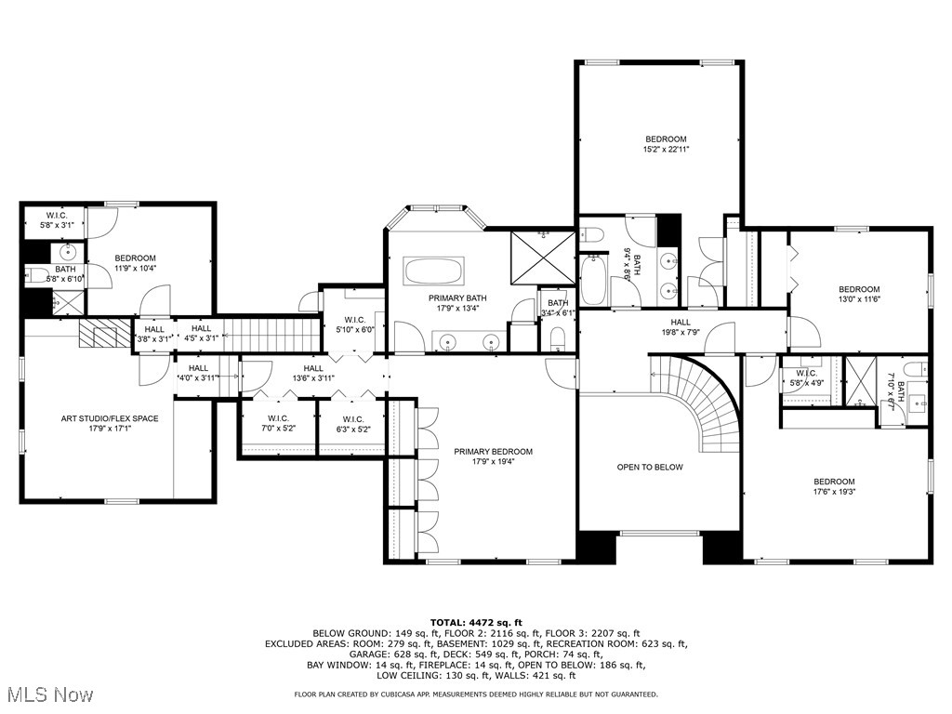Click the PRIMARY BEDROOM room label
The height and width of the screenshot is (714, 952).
coord(493,452)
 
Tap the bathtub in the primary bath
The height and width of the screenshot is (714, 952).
coord(432,271)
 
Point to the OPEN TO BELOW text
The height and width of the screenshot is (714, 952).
coord(650,467)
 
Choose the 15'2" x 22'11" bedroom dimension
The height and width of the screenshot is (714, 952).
coord(665,149)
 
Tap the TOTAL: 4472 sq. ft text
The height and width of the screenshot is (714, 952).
coord(476,622)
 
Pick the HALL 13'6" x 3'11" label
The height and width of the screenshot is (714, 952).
coord(312,373)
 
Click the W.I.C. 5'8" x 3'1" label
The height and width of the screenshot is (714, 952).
coord(56,220)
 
